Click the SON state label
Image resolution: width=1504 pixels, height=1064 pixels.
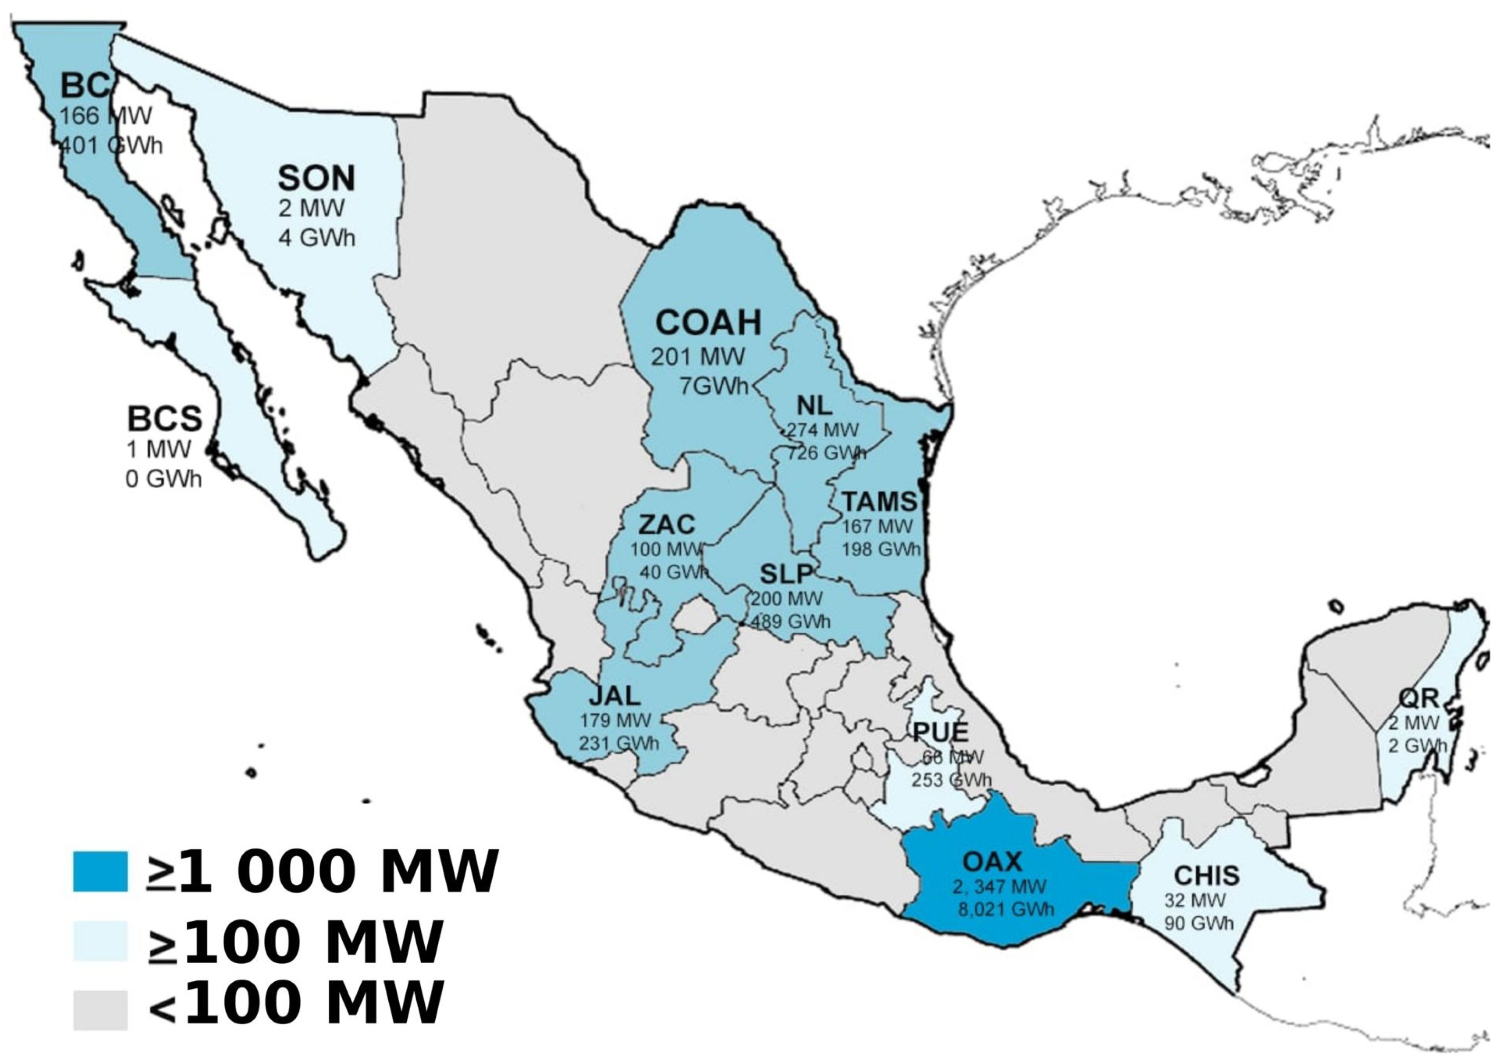316,178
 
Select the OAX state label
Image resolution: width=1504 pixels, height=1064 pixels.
992,861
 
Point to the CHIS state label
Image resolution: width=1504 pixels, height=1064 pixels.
1207,875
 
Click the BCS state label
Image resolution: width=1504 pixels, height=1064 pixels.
164,419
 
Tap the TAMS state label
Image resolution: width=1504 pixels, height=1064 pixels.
879,502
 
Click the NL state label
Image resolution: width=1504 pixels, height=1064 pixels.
815,406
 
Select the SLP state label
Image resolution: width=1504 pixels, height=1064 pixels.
786,574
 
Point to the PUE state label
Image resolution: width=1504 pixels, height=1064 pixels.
940,732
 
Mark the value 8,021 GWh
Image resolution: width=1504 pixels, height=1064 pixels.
1006,909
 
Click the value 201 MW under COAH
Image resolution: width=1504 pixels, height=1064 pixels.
698,357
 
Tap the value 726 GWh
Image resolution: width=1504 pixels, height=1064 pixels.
826,454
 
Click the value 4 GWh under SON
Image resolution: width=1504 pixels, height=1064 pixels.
316,237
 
